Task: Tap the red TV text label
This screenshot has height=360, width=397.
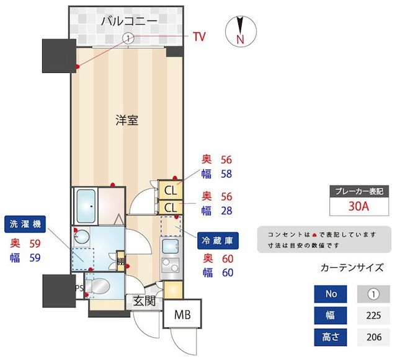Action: (198, 37)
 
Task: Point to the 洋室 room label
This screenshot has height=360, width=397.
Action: (127, 120)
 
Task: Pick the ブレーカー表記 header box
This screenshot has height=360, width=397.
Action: (359, 191)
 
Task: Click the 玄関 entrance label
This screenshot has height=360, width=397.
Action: (144, 302)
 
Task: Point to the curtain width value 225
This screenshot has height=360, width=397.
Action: (373, 315)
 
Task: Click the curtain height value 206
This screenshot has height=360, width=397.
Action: (373, 337)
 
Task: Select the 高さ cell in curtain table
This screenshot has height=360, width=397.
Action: (329, 337)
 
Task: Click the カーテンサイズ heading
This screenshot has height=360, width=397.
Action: (351, 268)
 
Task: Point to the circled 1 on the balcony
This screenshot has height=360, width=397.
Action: (128, 38)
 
